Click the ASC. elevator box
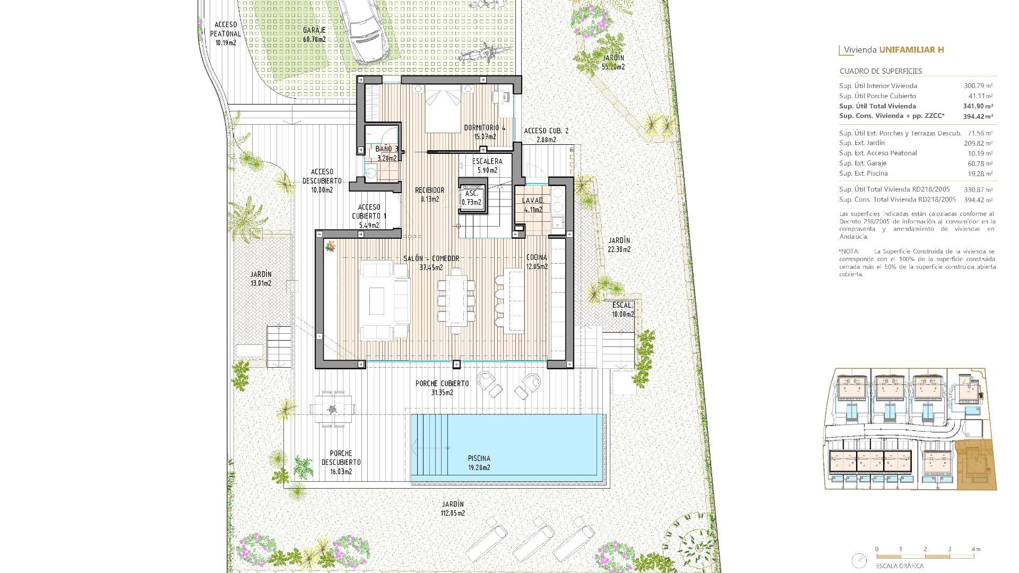tap(472, 198)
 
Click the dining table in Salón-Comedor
tap(456, 300)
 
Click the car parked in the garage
tap(366, 29)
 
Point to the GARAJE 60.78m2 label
tap(314, 34)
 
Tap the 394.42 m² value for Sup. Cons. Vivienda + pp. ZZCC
tap(978, 116)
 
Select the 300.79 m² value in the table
tap(978, 86)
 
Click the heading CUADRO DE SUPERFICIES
tap(880, 71)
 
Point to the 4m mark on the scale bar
tap(973, 550)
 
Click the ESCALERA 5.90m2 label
tap(487, 166)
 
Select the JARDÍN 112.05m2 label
tap(453, 508)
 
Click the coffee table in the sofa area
tap(377, 301)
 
